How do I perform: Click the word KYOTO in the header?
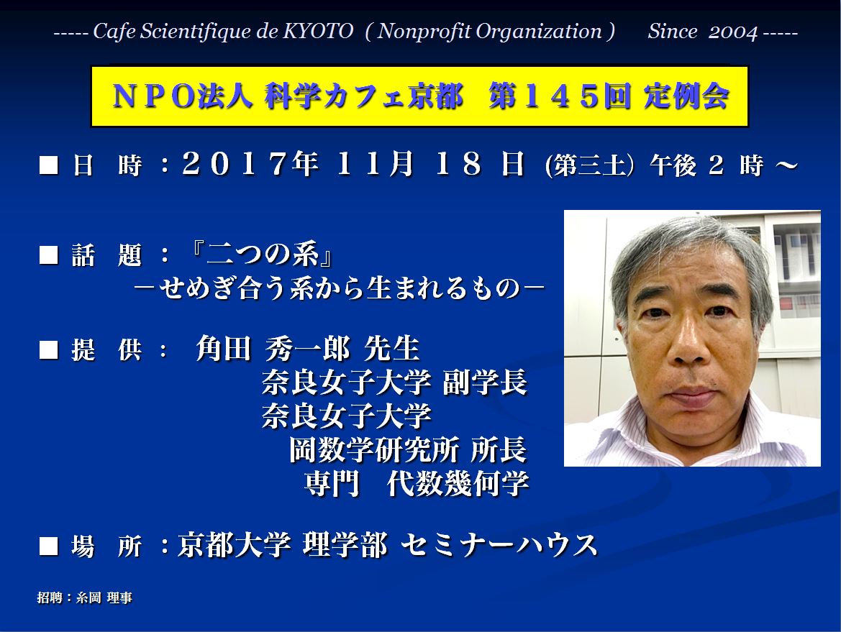[x=318, y=31]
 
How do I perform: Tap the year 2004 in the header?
[x=732, y=32]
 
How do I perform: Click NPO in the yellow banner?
[x=154, y=97]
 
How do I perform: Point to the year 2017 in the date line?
[x=235, y=163]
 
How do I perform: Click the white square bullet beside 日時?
[x=48, y=165]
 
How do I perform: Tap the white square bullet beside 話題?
[x=48, y=255]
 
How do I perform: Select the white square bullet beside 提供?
[x=48, y=350]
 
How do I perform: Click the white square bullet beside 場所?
[x=48, y=546]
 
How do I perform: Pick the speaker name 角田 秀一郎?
[x=273, y=349]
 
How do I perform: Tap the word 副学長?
[x=485, y=383]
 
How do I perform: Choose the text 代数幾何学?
[x=458, y=483]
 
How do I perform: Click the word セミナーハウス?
[x=499, y=545]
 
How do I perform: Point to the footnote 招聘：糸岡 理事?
[x=85, y=597]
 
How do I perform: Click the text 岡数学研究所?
[x=374, y=450]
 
